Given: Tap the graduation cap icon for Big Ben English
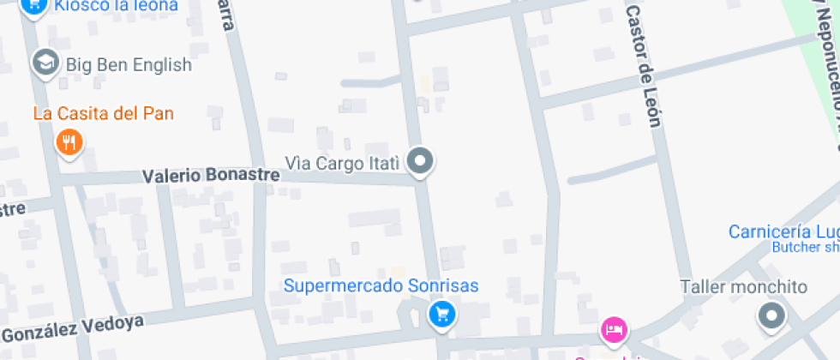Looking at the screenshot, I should pos(45,62).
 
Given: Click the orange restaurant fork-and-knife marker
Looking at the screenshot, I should pos(69,141).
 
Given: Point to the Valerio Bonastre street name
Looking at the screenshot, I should pos(211,176).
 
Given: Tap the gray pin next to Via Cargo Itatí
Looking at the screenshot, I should pos(420,160).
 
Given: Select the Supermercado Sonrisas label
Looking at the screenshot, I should pos(381,286).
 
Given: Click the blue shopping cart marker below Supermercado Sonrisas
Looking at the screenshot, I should pos(441,315).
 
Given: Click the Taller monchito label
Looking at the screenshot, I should pos(743,286).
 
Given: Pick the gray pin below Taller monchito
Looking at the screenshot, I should pos(772,316).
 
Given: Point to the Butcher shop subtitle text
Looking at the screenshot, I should pos(806,248).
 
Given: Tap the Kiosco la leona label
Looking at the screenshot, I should pos(116,6).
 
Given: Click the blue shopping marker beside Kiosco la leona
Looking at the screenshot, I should pos(33,7).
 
